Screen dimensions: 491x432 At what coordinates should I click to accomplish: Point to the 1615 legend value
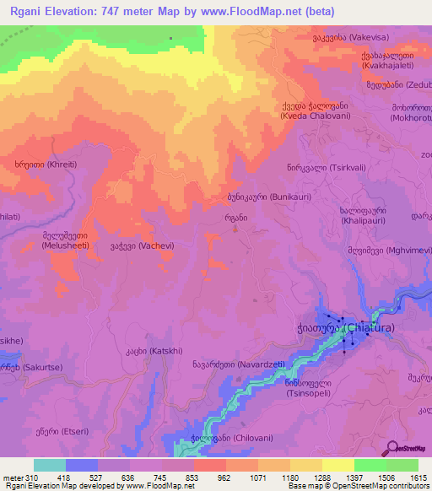click(x=418, y=478)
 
